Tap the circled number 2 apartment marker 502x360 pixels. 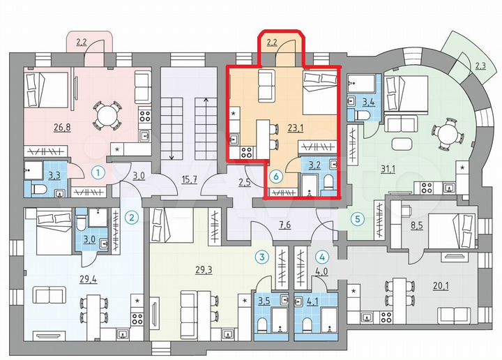click(130, 218)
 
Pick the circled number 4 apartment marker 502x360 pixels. click(322, 257)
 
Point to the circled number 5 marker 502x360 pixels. click(358, 218)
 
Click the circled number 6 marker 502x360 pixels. click(276, 177)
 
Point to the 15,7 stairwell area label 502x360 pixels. click(188, 179)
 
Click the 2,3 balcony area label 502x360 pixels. click(480, 66)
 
